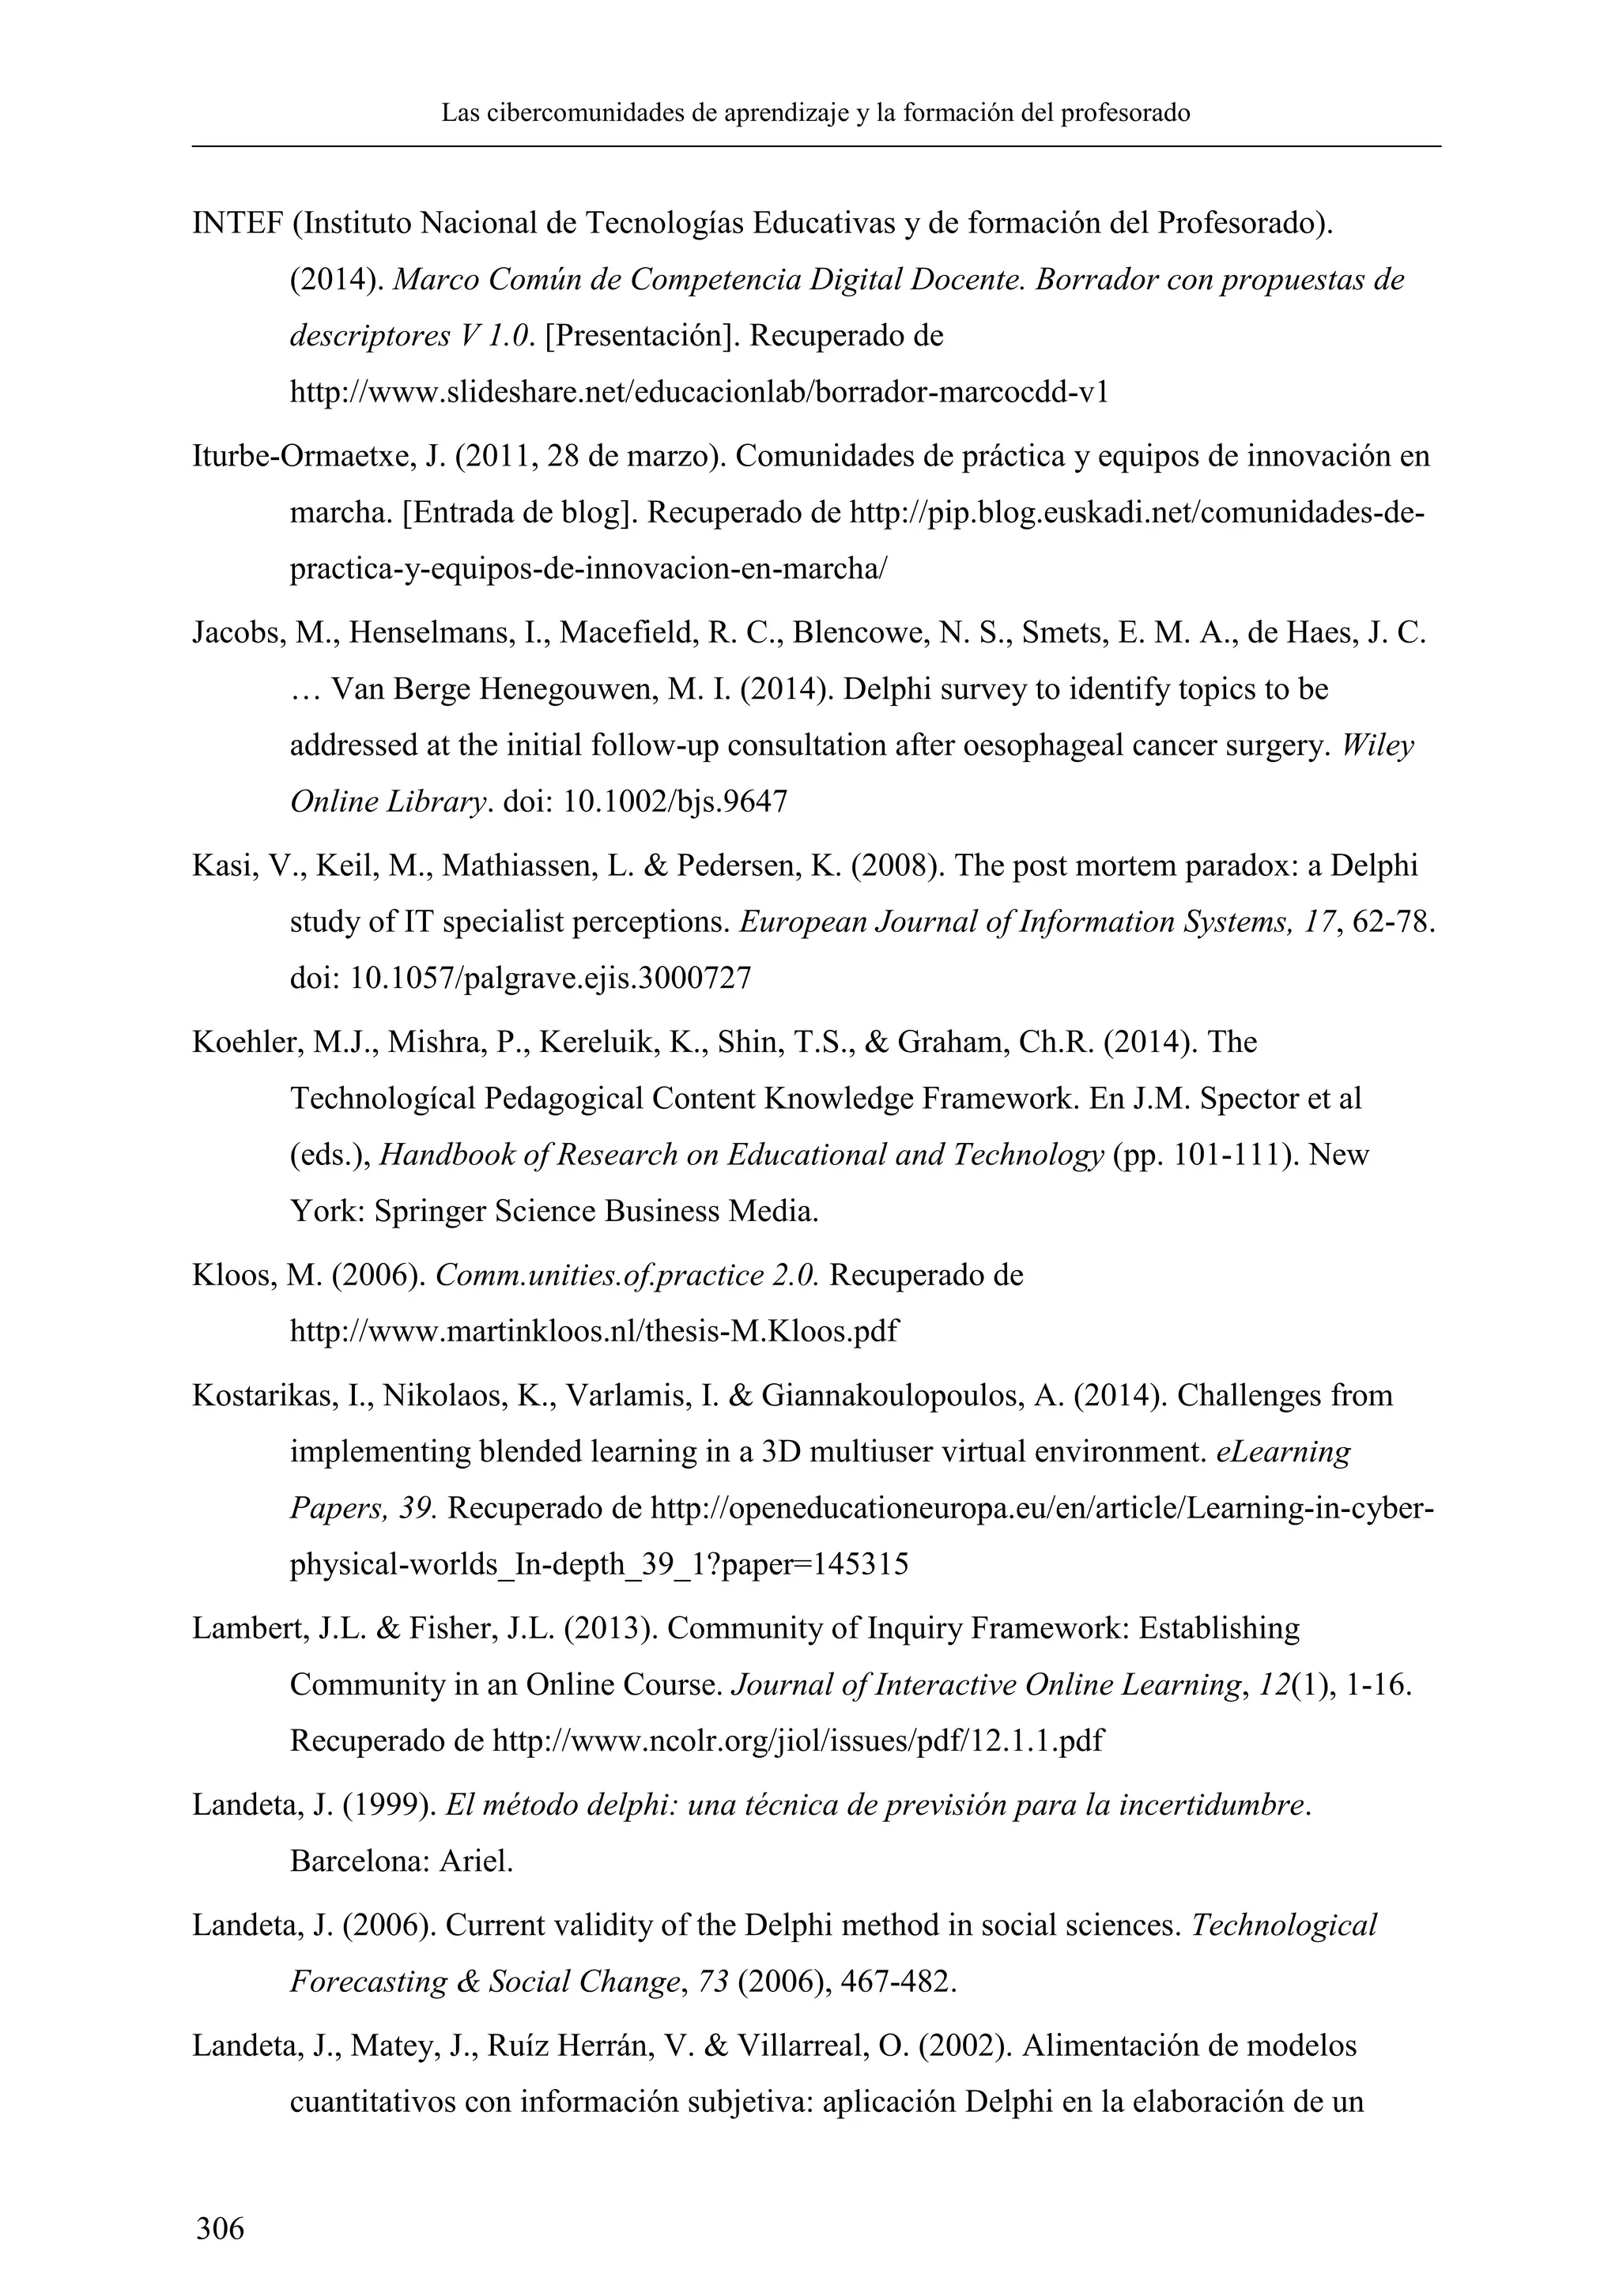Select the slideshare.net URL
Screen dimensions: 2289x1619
click(699, 393)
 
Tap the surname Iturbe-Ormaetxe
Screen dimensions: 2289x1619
click(305, 457)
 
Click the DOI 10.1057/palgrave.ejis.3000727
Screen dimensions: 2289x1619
click(549, 978)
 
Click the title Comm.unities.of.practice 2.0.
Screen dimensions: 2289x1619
click(627, 1275)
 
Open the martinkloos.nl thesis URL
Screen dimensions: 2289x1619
click(593, 1332)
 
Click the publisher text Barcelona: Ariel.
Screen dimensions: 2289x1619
click(401, 1861)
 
